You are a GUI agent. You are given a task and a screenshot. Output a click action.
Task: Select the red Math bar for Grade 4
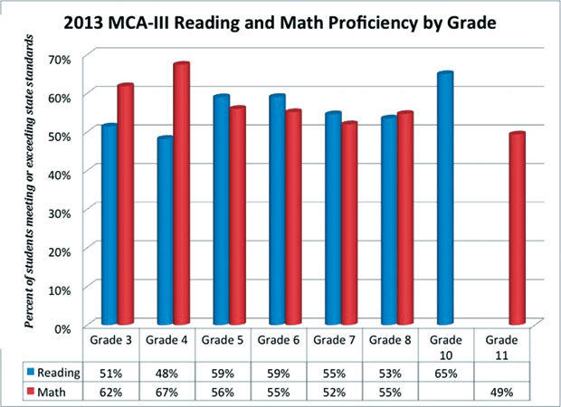coord(182,194)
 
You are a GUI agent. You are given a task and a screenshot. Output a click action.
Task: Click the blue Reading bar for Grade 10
coord(444,199)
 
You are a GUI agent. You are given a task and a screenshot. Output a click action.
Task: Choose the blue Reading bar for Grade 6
coord(277,210)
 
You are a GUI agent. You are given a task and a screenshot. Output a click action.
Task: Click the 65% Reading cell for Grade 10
coord(449,372)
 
